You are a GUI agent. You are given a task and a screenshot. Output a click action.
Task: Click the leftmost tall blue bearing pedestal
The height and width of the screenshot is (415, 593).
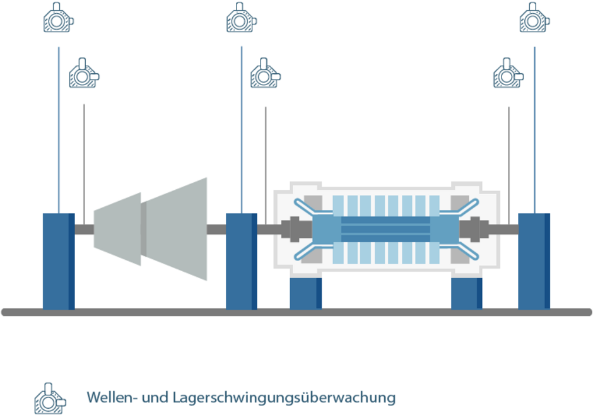(x=58, y=261)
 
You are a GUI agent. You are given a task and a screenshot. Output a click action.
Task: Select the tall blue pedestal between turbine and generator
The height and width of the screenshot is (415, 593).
(x=241, y=261)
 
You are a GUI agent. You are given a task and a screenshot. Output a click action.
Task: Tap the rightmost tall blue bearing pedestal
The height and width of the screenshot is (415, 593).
(x=534, y=261)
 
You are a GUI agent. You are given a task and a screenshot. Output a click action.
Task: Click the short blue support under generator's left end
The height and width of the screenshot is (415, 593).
(x=305, y=293)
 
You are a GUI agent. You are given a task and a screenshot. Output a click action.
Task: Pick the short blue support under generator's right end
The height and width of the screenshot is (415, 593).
(x=467, y=293)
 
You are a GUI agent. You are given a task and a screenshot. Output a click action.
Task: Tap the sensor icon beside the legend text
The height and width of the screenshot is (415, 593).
(x=50, y=398)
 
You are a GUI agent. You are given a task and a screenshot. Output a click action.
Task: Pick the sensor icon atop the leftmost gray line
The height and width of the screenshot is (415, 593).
(x=84, y=73)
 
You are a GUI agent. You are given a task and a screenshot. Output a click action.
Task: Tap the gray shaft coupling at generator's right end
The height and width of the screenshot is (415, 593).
(x=475, y=229)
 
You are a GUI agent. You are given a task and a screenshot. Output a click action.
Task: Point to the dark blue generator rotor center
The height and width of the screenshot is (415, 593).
(x=385, y=229)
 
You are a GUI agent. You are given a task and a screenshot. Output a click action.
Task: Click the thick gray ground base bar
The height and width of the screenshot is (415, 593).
(x=296, y=312)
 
